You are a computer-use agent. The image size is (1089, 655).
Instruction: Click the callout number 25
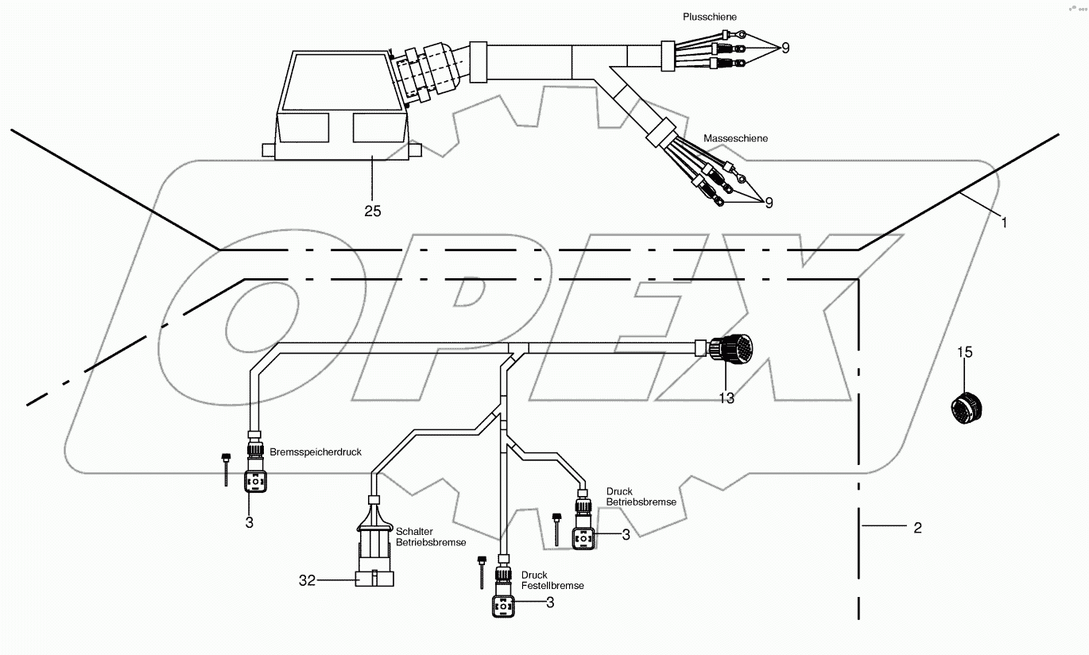coord(372,211)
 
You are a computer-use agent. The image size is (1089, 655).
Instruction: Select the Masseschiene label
coord(735,139)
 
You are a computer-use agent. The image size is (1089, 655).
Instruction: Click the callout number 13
coord(727,398)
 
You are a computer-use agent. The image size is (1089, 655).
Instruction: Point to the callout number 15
coord(964,352)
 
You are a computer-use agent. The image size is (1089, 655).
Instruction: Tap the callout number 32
coord(308,581)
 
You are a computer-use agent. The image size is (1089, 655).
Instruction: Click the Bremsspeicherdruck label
coord(315,452)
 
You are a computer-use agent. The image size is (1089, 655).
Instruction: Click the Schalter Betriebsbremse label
coord(431,537)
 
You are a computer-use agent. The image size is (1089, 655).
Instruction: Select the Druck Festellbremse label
coord(552,580)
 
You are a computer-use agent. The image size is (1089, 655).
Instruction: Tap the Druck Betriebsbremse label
coord(641,497)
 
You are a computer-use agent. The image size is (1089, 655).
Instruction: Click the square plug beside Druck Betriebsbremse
coord(584,537)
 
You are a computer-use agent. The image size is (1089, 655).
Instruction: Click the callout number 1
coord(1003,223)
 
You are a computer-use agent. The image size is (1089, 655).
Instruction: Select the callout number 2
coord(917,527)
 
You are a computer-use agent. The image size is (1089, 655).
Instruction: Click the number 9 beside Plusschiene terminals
coord(785,48)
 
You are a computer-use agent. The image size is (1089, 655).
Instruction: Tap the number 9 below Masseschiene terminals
coord(768,203)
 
